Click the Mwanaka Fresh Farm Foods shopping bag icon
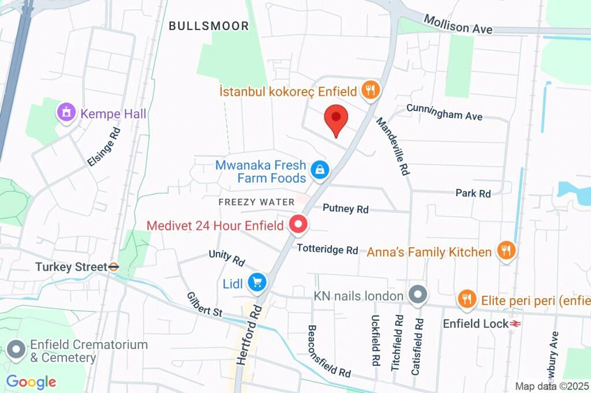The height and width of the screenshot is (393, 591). [x=319, y=170]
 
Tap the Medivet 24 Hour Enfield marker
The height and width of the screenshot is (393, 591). [x=298, y=224]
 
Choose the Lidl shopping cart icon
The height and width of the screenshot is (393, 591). [x=257, y=283]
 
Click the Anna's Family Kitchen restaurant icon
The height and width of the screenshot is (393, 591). [x=506, y=251]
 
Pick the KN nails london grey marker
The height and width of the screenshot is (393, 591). [x=418, y=295]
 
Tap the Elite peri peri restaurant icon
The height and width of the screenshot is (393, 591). [x=466, y=299]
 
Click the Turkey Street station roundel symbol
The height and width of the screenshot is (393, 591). [x=114, y=267]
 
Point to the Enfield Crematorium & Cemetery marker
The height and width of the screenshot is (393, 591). [x=16, y=350]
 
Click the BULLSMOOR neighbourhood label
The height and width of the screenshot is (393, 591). [x=209, y=26]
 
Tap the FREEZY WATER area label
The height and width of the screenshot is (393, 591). [x=256, y=202]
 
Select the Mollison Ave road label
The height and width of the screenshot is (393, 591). [x=458, y=24]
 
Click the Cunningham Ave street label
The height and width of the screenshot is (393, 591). [x=444, y=112]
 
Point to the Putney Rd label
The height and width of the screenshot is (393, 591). [x=345, y=208]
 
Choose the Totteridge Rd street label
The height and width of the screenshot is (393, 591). [x=327, y=249]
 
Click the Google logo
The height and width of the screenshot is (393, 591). [x=31, y=381]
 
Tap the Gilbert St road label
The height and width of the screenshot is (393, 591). [x=204, y=303]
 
